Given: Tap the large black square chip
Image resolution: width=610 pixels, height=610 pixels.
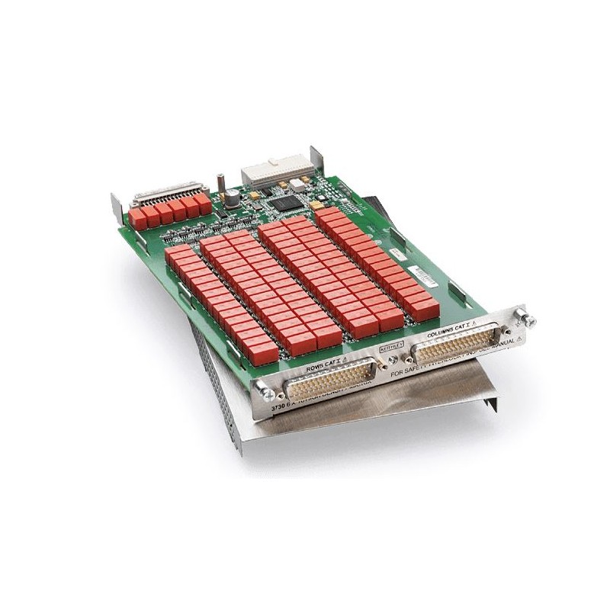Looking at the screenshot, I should (287, 202).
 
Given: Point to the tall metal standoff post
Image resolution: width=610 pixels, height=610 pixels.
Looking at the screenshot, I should (220, 185).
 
